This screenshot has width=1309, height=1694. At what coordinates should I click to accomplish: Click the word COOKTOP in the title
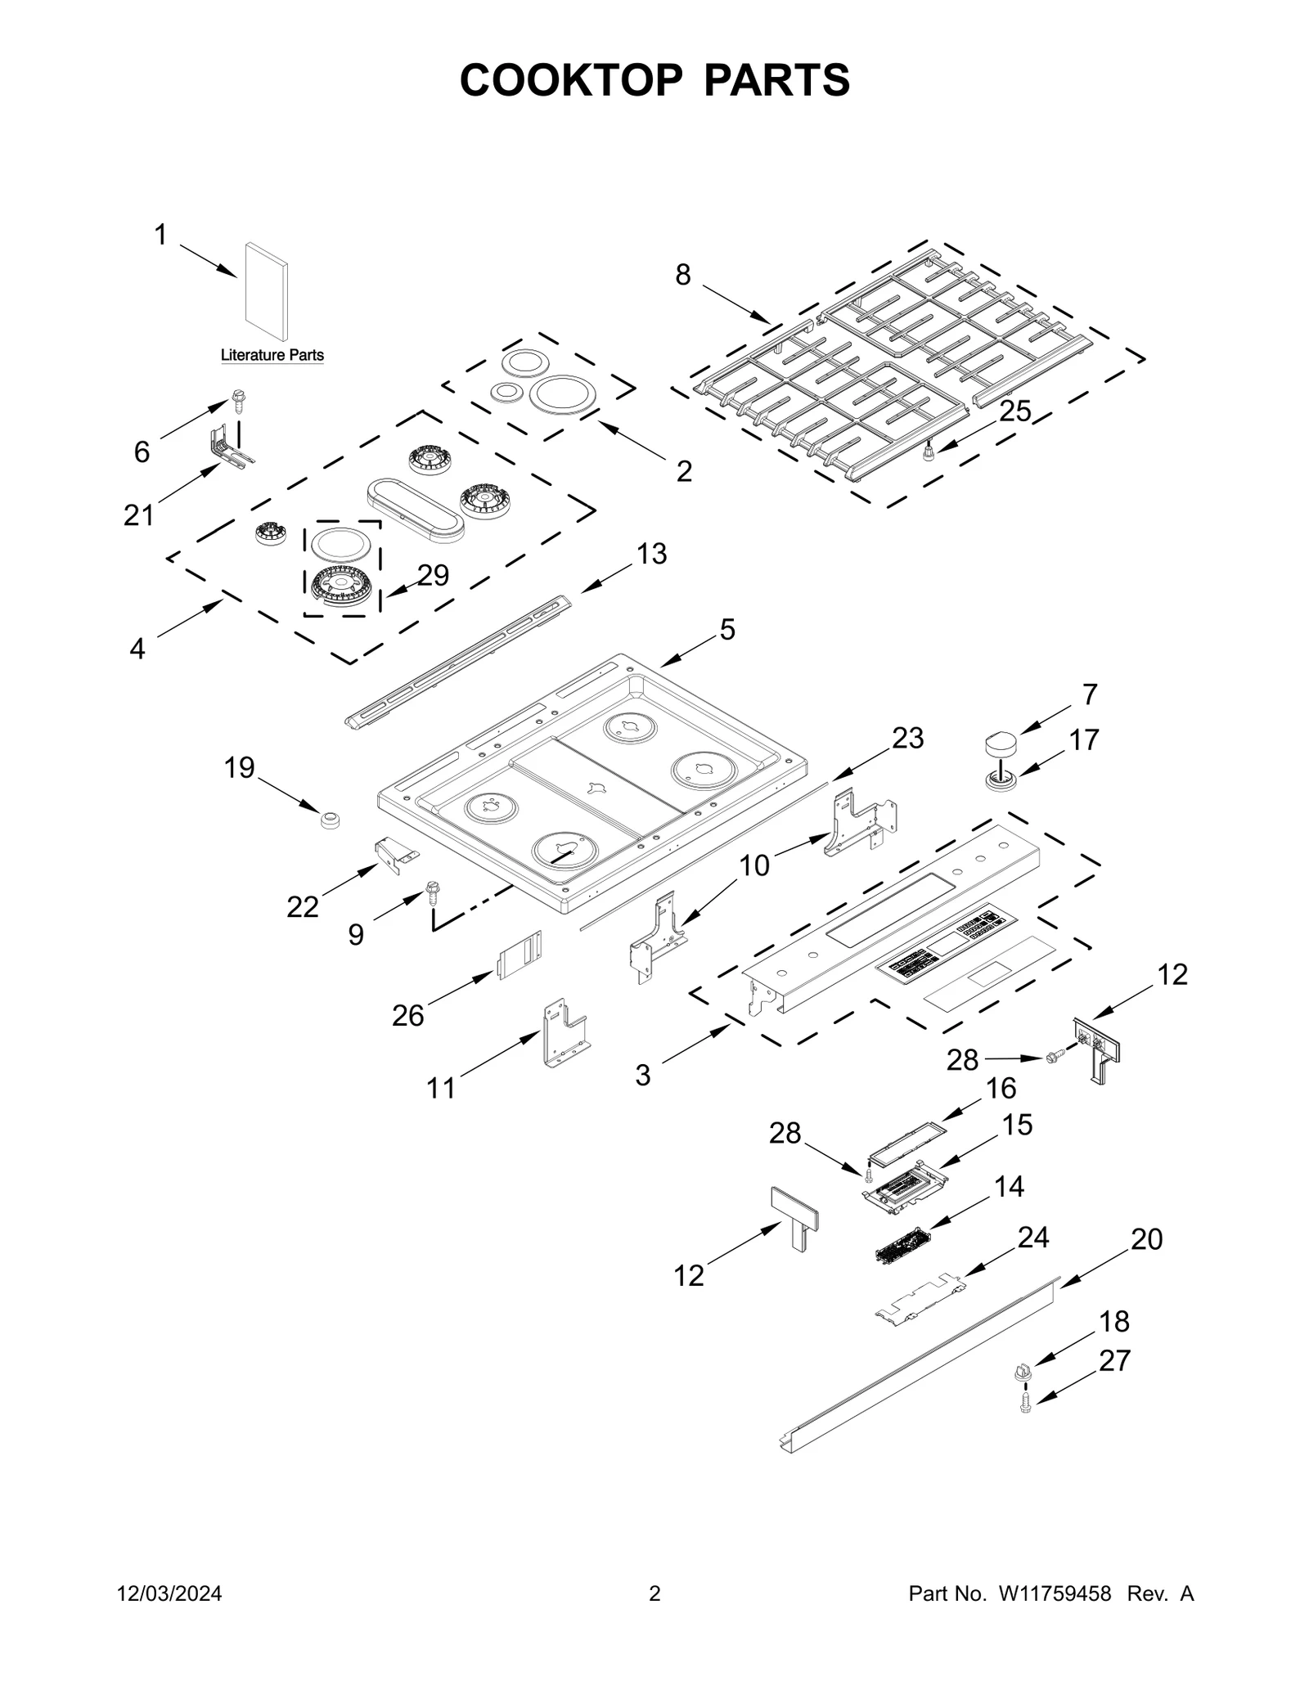coord(570,80)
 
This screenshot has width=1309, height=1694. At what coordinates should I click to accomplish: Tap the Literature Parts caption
coord(272,355)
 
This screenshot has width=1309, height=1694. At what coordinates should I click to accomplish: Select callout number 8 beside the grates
coord(682,275)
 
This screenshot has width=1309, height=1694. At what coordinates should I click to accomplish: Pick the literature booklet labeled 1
coord(267,291)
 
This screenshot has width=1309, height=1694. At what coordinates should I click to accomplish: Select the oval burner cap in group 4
coord(414,510)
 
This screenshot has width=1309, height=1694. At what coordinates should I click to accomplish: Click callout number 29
coord(433,575)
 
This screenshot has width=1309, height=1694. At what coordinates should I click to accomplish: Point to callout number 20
coord(1146,1239)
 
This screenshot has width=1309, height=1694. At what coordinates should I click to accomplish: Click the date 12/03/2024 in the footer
coord(169,1616)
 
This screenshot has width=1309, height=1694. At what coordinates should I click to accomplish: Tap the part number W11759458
coord(1054,1616)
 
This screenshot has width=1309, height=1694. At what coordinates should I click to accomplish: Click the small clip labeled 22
coord(396,853)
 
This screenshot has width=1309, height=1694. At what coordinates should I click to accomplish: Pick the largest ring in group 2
coord(562,393)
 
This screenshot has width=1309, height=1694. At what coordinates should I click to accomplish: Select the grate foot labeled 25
coord(929,452)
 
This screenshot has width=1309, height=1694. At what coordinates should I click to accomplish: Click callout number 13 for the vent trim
coord(651,554)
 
